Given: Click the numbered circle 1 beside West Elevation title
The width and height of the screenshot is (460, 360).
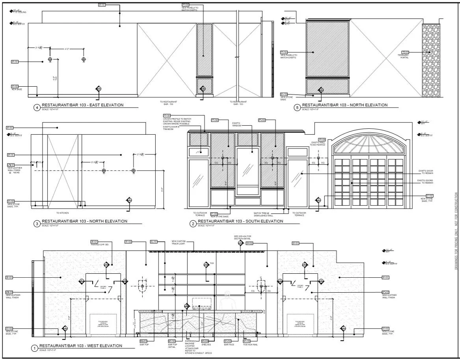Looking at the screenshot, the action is tap(35, 348).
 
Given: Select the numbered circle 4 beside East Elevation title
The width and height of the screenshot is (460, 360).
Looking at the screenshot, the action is tap(37, 107).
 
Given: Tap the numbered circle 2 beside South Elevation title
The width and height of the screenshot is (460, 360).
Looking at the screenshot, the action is tap(193, 224).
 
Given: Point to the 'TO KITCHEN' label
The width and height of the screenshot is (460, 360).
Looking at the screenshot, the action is tap(62, 213).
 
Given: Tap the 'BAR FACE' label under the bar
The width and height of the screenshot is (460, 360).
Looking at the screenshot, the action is tap(229, 345).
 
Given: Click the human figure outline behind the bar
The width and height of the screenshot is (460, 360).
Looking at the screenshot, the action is tap(226, 301).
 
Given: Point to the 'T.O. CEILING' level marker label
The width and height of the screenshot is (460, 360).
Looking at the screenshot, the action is tap(19, 12).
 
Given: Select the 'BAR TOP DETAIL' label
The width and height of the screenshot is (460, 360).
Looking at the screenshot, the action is tap(172, 346).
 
